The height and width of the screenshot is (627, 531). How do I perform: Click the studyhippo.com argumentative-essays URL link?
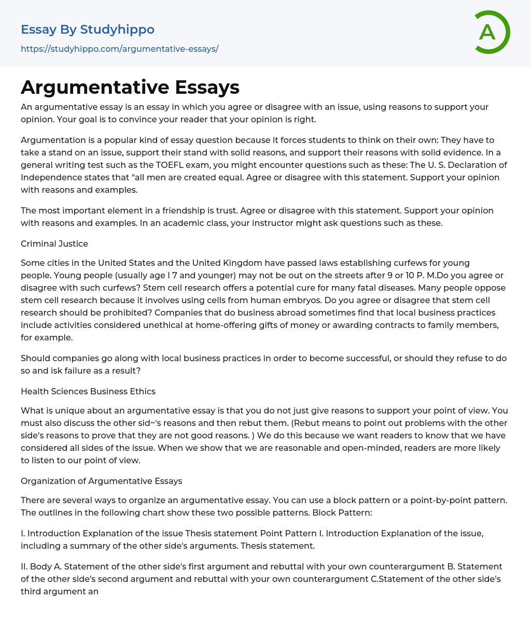119,49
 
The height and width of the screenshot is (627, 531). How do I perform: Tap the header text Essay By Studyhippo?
88,30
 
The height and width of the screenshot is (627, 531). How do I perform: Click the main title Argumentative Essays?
130,88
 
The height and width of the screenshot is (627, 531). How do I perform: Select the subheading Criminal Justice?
54,244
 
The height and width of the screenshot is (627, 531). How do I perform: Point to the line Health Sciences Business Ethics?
88,391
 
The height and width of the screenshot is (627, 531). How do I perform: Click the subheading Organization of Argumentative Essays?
102,481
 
